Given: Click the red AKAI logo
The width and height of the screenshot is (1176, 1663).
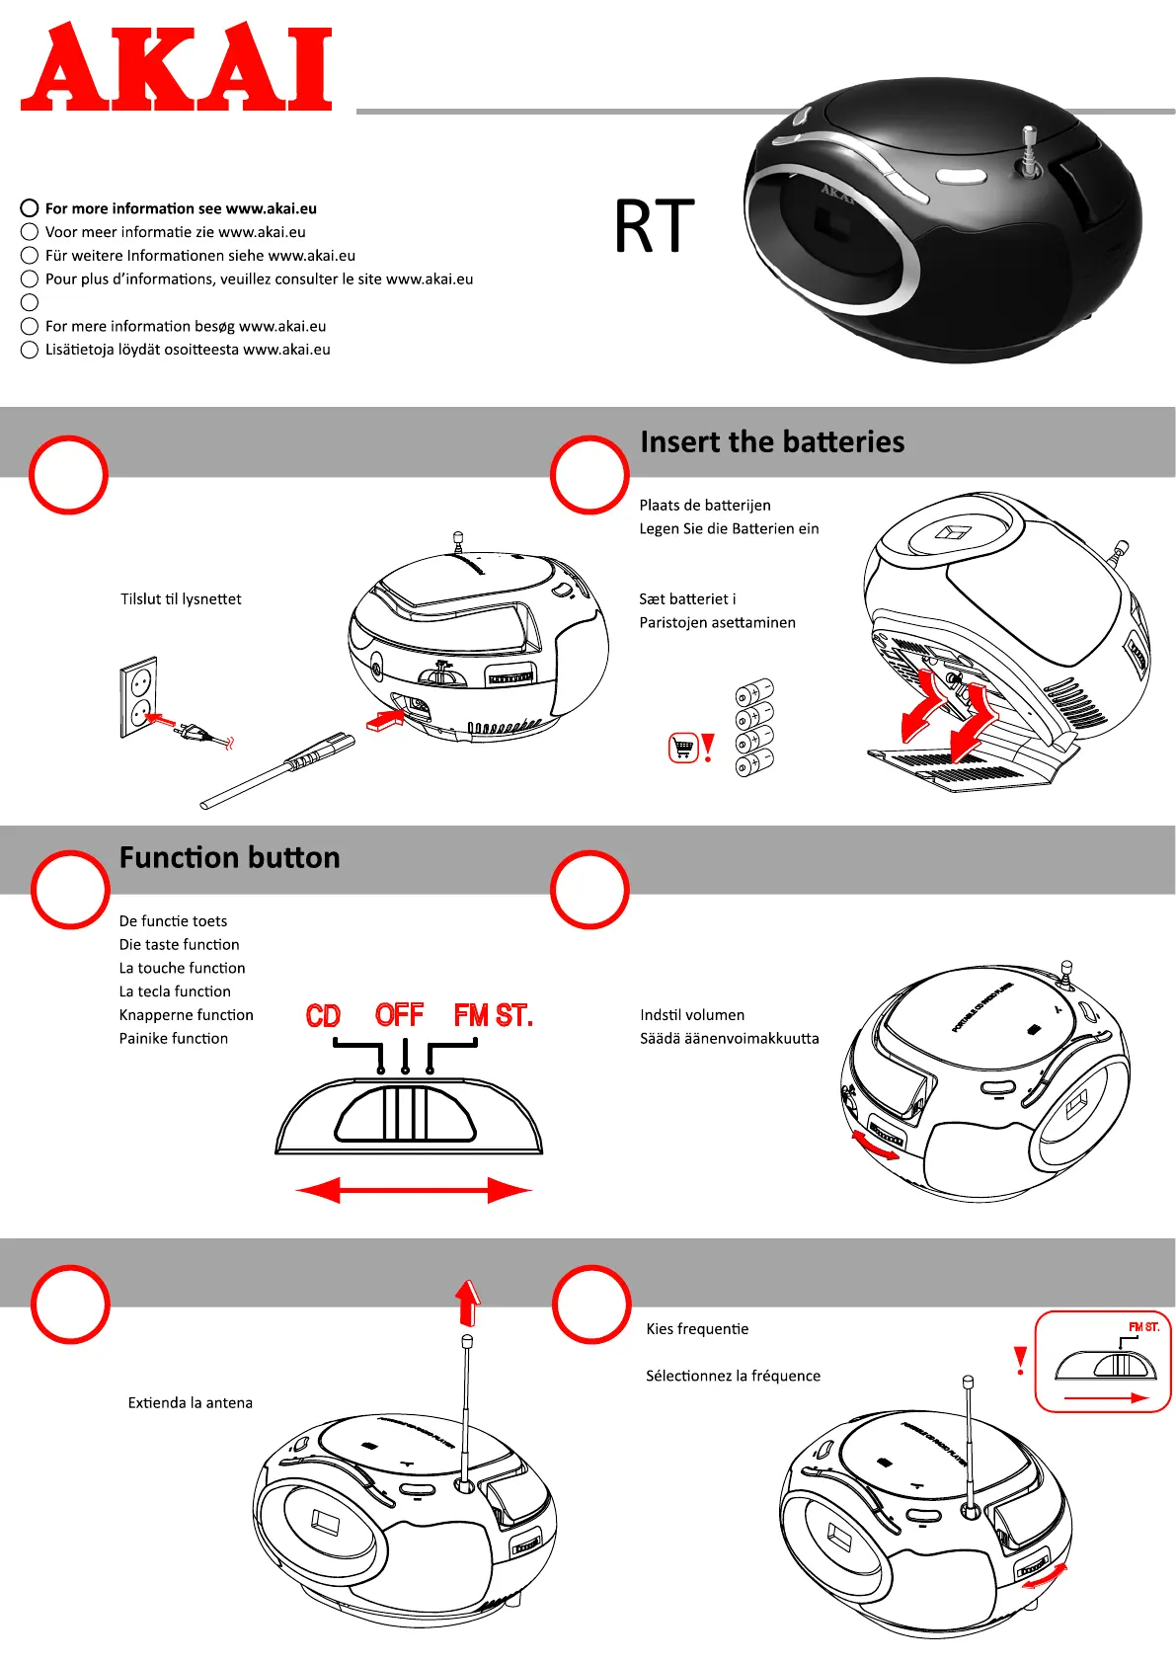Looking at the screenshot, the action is pos(176,67).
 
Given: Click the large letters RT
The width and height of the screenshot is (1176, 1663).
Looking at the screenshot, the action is pos(654,227).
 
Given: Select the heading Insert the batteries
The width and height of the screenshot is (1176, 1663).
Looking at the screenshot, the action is pos(771,441).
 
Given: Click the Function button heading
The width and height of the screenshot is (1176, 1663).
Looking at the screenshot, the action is pos(229,857).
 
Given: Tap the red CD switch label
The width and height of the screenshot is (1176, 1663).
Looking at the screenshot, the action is pos(323,1016).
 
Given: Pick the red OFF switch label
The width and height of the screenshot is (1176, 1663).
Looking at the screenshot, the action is pos(399,1015).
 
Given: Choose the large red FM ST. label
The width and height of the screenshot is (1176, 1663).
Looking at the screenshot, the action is pos(493,1015).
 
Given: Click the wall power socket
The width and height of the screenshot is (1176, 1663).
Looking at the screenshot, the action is pos(138,696).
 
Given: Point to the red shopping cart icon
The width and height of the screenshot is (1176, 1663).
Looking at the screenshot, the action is pos(682,748).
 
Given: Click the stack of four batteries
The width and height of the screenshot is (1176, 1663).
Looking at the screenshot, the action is pos(754,727).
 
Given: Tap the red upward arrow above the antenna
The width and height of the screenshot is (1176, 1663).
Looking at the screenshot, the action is pos(468,1303).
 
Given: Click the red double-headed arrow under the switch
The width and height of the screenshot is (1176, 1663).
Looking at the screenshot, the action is pos(414,1190).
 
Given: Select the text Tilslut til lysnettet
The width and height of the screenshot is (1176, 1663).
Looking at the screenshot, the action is pos(181,599).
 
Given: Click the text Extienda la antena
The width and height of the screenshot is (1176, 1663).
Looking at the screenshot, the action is pos(190,1403).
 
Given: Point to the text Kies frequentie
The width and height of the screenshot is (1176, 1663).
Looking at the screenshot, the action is pos(697,1329).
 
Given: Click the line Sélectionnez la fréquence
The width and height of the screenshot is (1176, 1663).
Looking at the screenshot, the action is pos(733,1377).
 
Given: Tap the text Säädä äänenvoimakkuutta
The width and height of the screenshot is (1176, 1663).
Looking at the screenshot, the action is pos(729,1039).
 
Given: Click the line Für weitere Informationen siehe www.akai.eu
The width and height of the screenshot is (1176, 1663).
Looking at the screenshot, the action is pos(199,256).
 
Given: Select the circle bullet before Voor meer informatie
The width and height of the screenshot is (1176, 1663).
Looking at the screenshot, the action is pos(30,232).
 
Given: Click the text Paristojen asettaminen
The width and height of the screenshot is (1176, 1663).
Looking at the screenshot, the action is pos(717,623).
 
